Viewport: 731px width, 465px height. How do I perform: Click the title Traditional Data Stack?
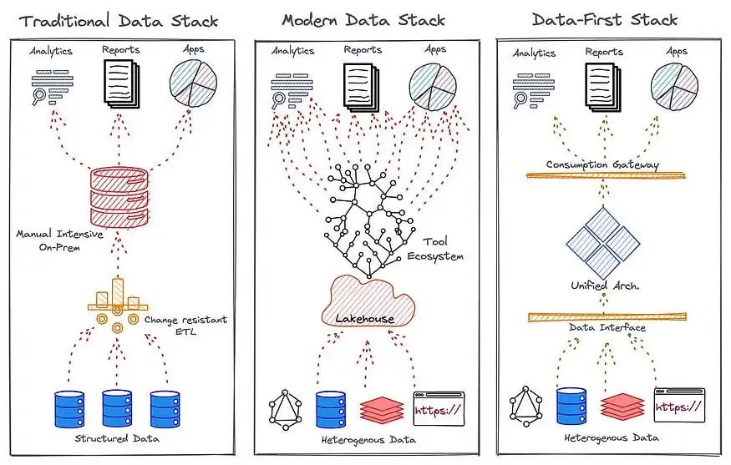[x=119, y=21]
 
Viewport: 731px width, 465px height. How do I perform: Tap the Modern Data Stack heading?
[x=363, y=20]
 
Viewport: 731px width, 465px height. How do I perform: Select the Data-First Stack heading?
[x=605, y=19]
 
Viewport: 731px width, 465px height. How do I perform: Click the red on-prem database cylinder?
[x=119, y=198]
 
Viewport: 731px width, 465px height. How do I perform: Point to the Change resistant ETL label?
[x=185, y=326]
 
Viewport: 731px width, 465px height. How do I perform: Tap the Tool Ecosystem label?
[x=435, y=249]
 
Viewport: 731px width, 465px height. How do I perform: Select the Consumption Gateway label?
[x=602, y=164]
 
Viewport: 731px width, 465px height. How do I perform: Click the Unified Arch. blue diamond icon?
[x=603, y=243]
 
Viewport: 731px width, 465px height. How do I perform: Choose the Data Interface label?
[x=607, y=327]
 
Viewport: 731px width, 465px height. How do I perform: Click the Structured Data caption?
[x=117, y=438]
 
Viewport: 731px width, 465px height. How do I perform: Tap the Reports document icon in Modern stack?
[x=361, y=86]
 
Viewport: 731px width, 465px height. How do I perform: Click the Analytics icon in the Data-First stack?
[x=533, y=90]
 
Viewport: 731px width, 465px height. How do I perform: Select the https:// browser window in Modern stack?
[x=439, y=408]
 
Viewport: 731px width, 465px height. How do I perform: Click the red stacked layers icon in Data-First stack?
[x=622, y=407]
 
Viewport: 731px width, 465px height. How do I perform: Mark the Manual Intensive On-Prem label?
[x=59, y=240]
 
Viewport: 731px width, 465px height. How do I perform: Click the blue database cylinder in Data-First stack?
[x=571, y=407]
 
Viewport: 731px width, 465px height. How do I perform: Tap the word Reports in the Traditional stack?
[x=121, y=49]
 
